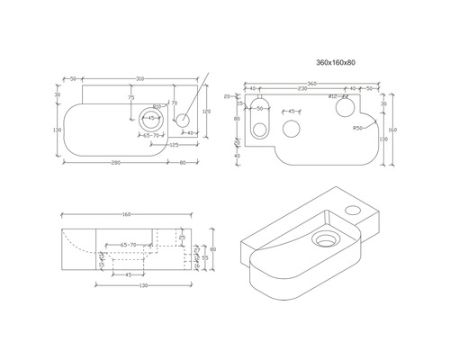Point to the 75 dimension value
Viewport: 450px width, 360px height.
click(x=130, y=98)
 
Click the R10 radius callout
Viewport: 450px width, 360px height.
click(x=157, y=106)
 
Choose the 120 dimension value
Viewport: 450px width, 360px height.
click(x=206, y=111)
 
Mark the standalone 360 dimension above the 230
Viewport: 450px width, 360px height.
click(x=310, y=82)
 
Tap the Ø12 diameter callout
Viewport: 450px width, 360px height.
click(x=332, y=96)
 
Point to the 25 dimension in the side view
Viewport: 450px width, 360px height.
click(x=183, y=238)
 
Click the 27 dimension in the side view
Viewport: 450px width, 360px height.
click(x=197, y=250)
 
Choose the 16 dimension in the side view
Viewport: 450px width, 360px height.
click(x=197, y=266)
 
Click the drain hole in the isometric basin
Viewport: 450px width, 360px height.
click(x=323, y=239)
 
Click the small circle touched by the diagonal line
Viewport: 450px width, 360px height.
click(x=183, y=118)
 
